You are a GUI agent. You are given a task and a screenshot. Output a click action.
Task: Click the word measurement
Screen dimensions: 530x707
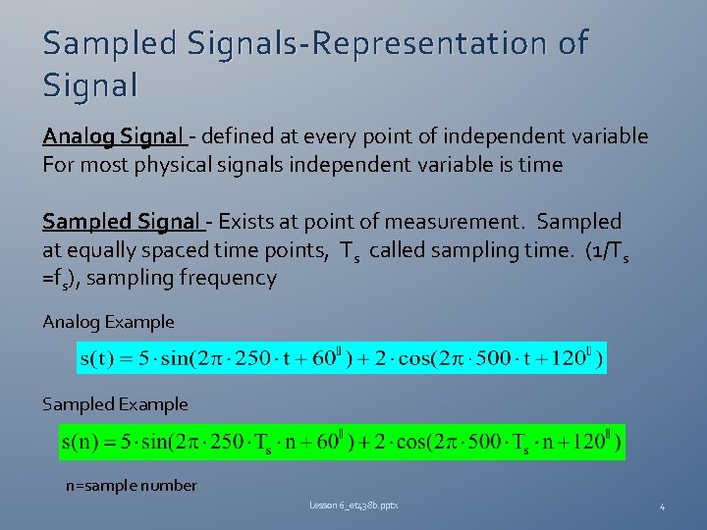coord(463,222)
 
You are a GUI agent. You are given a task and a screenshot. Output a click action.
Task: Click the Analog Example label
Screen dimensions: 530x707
coord(109,322)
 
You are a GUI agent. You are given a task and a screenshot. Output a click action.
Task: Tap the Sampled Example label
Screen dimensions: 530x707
coord(115,404)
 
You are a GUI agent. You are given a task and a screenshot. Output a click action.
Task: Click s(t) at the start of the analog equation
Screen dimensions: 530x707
coord(99,357)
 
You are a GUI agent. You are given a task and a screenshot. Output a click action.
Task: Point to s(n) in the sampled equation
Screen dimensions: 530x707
coord(85,441)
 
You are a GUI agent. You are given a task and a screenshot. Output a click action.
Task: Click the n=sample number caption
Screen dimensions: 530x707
coord(132,485)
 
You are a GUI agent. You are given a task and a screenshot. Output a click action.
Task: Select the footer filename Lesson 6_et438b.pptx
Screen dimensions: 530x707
coord(353,505)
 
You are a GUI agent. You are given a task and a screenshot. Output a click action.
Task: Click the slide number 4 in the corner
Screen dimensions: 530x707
coord(662,506)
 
